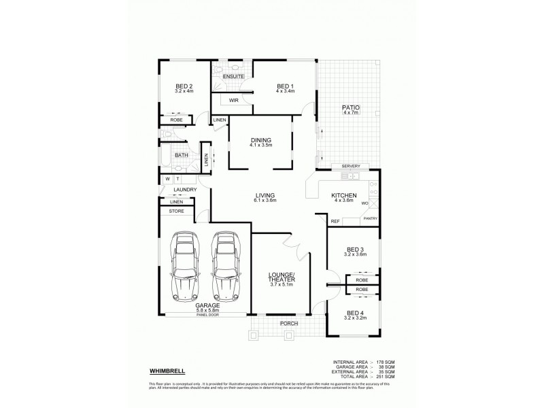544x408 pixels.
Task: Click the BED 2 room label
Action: tap(184, 86)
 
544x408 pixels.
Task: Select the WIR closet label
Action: tap(233, 100)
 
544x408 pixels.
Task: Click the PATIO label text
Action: tap(351, 107)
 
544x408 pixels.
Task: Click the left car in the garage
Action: tap(184, 267)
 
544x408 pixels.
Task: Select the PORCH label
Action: tap(290, 323)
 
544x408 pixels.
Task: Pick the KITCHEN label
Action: tap(343, 194)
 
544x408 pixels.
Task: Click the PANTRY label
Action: tap(371, 218)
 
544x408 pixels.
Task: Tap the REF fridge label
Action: tap(335, 222)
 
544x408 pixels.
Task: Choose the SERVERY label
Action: tap(350, 167)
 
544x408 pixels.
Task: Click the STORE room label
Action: tap(176, 211)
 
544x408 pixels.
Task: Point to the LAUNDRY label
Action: tap(185, 190)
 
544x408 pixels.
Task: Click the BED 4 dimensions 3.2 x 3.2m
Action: tap(355, 318)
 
